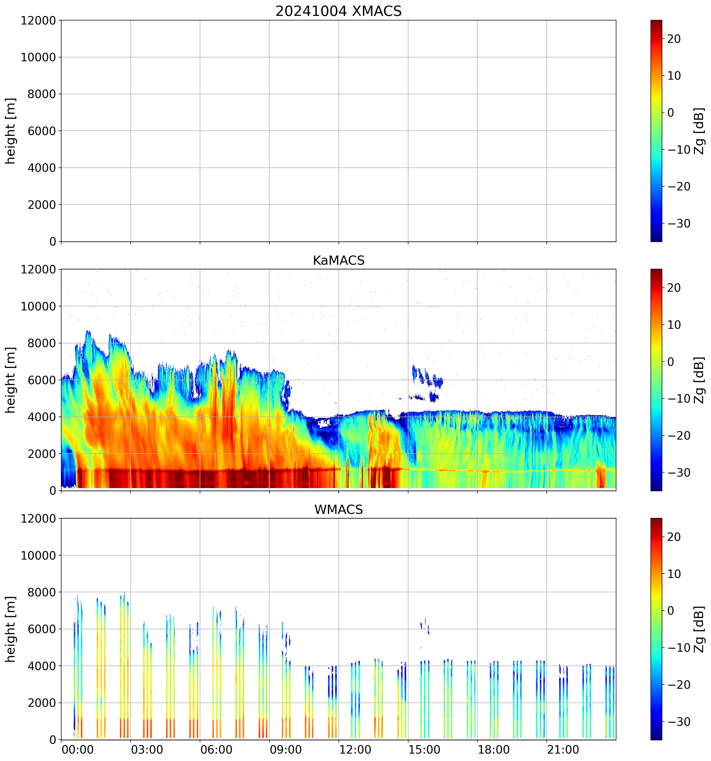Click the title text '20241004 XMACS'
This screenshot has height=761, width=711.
point(339,11)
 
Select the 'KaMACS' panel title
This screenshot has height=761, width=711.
point(339,260)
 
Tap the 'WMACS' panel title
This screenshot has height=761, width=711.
point(339,510)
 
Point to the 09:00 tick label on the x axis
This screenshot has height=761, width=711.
point(286,750)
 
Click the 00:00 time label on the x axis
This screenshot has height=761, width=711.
point(78,750)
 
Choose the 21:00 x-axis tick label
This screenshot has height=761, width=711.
point(563,750)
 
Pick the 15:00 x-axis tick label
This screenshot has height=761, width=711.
point(424,750)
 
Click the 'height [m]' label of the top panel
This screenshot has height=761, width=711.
point(11,131)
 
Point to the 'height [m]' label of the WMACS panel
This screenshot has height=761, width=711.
point(11,629)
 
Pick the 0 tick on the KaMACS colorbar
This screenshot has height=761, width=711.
point(670,362)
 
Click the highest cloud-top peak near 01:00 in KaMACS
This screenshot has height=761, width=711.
point(88,332)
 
